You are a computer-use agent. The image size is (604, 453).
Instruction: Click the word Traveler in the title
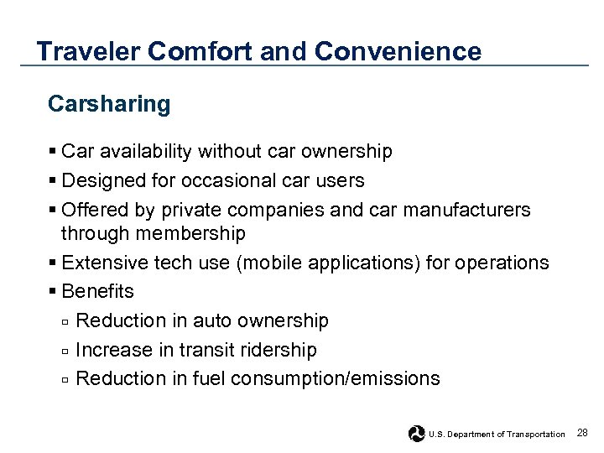[x=88, y=52]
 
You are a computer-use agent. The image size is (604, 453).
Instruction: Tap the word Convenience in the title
[x=398, y=52]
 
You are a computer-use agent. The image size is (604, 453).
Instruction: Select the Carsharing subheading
[x=109, y=104]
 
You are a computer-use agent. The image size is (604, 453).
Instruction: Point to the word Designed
[x=102, y=180]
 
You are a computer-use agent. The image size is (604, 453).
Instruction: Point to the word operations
[x=502, y=263]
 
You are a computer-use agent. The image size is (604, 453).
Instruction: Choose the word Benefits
[x=97, y=292]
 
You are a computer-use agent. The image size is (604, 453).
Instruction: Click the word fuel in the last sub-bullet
[x=209, y=378]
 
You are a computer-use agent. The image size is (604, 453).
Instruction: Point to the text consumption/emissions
[x=335, y=378]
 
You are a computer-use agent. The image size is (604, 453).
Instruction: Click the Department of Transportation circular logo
[x=416, y=433]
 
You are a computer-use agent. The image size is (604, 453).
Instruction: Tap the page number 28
[x=583, y=433]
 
